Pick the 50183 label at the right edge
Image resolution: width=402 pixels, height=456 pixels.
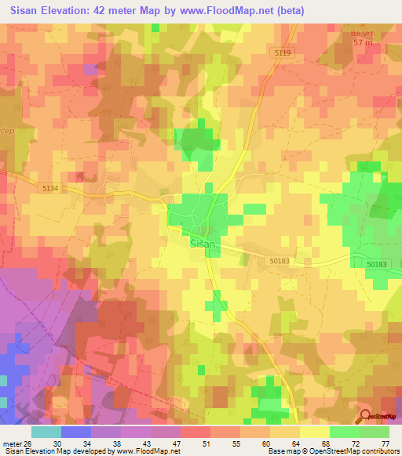(x=376, y=266)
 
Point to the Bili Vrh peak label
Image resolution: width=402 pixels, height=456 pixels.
(x=360, y=34)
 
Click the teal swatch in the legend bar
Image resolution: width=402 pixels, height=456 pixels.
(x=46, y=431)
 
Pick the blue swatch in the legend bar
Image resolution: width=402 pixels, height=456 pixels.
(x=75, y=431)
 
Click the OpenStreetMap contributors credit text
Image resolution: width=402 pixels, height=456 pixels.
(x=353, y=451)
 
